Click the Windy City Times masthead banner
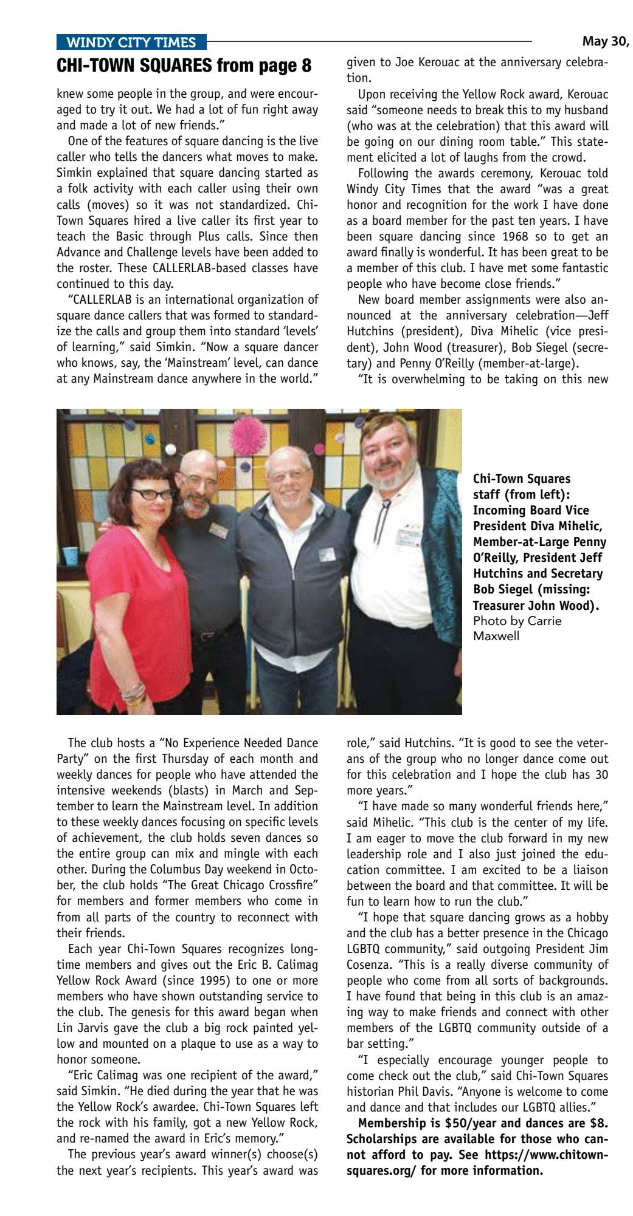pos(131,42)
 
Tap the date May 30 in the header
pos(605,41)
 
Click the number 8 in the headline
pos(305,65)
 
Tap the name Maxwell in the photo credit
pos(496,637)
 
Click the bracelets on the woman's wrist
pos(134,693)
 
